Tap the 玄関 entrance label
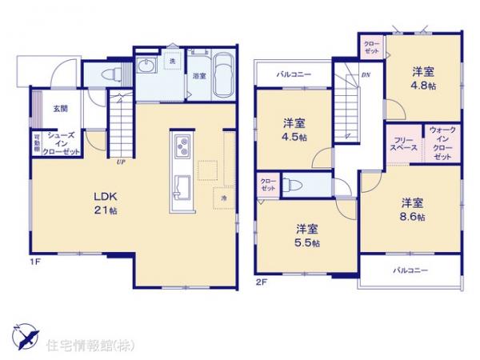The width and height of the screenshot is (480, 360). (61, 109)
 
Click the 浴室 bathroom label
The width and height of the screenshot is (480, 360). (199, 77)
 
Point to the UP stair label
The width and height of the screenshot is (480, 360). (121, 161)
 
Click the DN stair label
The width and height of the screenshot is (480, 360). (366, 75)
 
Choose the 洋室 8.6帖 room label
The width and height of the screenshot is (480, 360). (412, 209)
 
